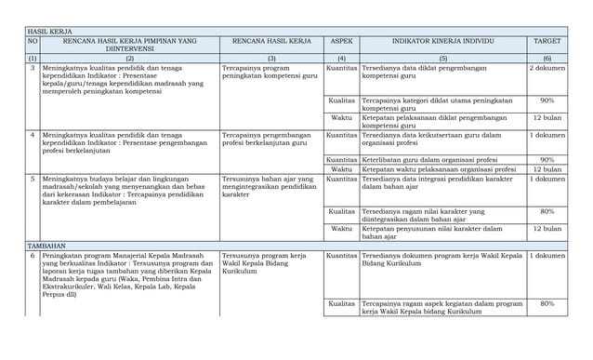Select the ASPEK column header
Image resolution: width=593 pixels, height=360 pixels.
(341, 42)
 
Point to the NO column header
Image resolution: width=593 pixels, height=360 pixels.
(33, 42)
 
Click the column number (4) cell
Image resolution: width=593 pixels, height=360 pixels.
(341, 58)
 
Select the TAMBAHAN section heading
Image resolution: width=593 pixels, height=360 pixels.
(47, 245)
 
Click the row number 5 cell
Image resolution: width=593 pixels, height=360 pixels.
(33, 179)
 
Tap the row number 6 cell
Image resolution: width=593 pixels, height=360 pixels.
(33, 255)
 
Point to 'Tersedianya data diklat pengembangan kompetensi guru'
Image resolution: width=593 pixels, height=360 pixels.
(431, 73)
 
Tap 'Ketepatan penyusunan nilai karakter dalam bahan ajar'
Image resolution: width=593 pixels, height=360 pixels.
(433, 233)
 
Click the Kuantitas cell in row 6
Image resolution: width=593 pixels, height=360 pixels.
(341, 255)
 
